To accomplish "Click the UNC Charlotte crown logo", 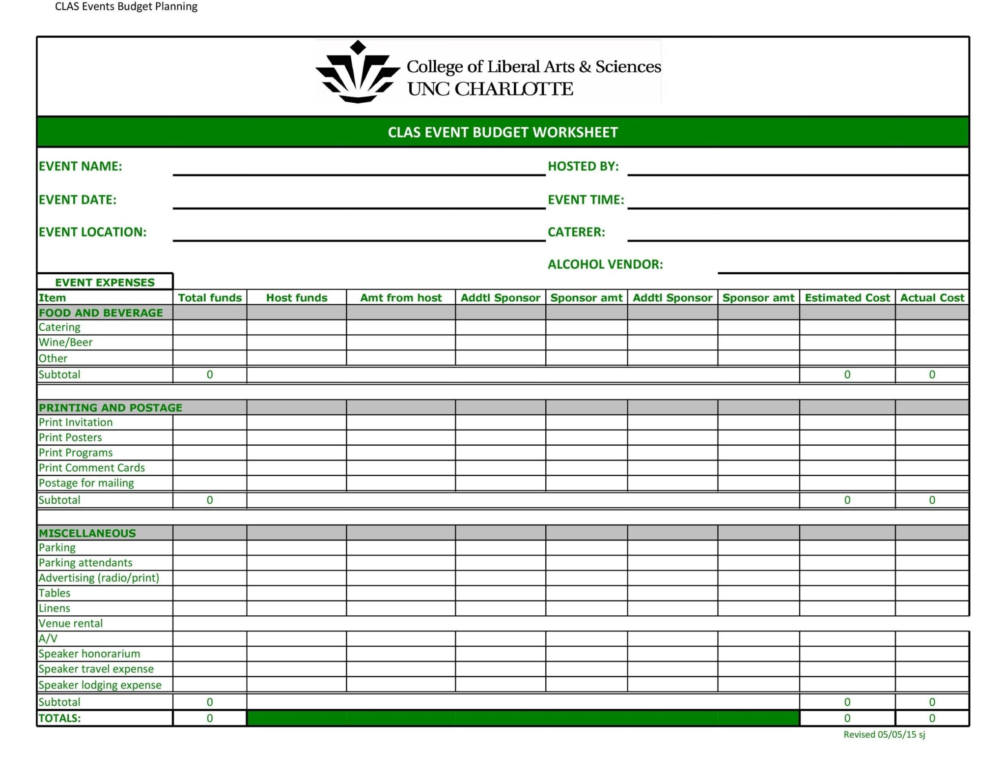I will [x=358, y=73].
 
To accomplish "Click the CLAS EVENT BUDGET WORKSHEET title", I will [x=503, y=132].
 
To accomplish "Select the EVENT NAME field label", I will [x=80, y=166].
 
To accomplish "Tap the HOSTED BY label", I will [x=583, y=166].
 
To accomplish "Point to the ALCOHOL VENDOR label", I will [x=605, y=264].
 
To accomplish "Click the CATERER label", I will [x=576, y=232].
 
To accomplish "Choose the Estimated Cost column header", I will [x=847, y=297].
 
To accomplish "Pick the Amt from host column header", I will [x=401, y=297].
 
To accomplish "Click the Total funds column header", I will [x=210, y=297].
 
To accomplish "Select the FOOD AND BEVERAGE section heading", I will [x=101, y=313].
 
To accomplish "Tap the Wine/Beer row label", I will [x=65, y=342].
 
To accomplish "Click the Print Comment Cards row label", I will [x=92, y=467].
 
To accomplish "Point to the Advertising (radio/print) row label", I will [x=99, y=577].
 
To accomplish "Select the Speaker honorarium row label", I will [x=89, y=654].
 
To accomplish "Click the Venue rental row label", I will [x=71, y=623].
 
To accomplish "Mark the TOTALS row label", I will [x=59, y=718].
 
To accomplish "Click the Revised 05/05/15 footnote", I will [x=884, y=734].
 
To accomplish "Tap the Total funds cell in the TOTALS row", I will [x=210, y=718].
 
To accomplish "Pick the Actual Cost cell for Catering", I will [x=932, y=327].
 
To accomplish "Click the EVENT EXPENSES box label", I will [x=105, y=282].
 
